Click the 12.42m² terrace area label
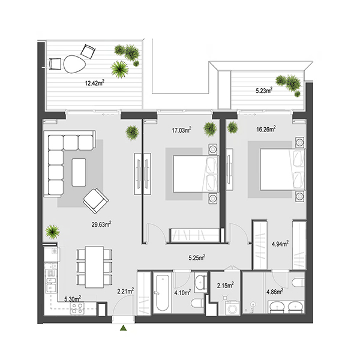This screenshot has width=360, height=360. coord(95,83)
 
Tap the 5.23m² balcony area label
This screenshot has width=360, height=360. coord(264,90)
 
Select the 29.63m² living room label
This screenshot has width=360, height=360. coord(101,224)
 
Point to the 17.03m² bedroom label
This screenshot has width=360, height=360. coord(182,130)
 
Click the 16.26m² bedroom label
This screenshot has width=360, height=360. coord(266,129)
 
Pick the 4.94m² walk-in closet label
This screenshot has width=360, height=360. coord(280,244)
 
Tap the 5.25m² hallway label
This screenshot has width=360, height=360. coord(197,257)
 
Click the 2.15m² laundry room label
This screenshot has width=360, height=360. coord(225,286)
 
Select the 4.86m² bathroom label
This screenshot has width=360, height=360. coord(275,292)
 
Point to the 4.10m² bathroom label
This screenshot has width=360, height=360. coord(182,293)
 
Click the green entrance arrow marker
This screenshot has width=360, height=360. coord(124,328)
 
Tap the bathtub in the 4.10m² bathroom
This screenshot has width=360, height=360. coord(163,293)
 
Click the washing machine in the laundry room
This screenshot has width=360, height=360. coord(232,308)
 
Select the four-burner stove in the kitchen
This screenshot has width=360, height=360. coord(77,308)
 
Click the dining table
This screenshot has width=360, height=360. coord(94,267)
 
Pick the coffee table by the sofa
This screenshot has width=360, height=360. coord(79,172)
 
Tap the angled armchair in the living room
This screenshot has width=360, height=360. coord(96,201)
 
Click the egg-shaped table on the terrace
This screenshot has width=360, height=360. coord(74,64)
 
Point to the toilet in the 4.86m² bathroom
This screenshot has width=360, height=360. coord(298,283)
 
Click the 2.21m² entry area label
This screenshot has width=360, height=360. coord(125,291)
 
